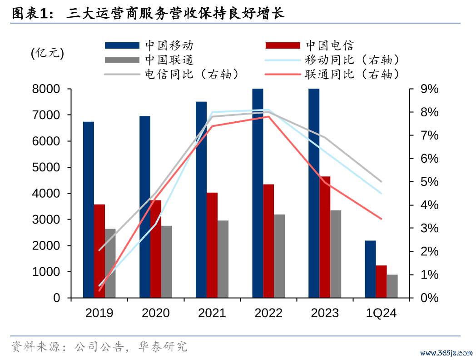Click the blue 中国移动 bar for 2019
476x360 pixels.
89,210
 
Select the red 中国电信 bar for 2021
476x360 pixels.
212,245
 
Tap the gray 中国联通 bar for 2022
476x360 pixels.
279,256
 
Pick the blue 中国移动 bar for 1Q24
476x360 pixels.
370,269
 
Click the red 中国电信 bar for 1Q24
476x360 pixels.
381,281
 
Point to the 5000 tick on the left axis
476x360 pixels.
47,167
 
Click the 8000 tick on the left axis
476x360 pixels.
47,89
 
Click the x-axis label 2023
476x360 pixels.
325,313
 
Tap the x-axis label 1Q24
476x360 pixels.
381,313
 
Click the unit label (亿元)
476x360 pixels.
47,53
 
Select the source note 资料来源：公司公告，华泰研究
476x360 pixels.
99,347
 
